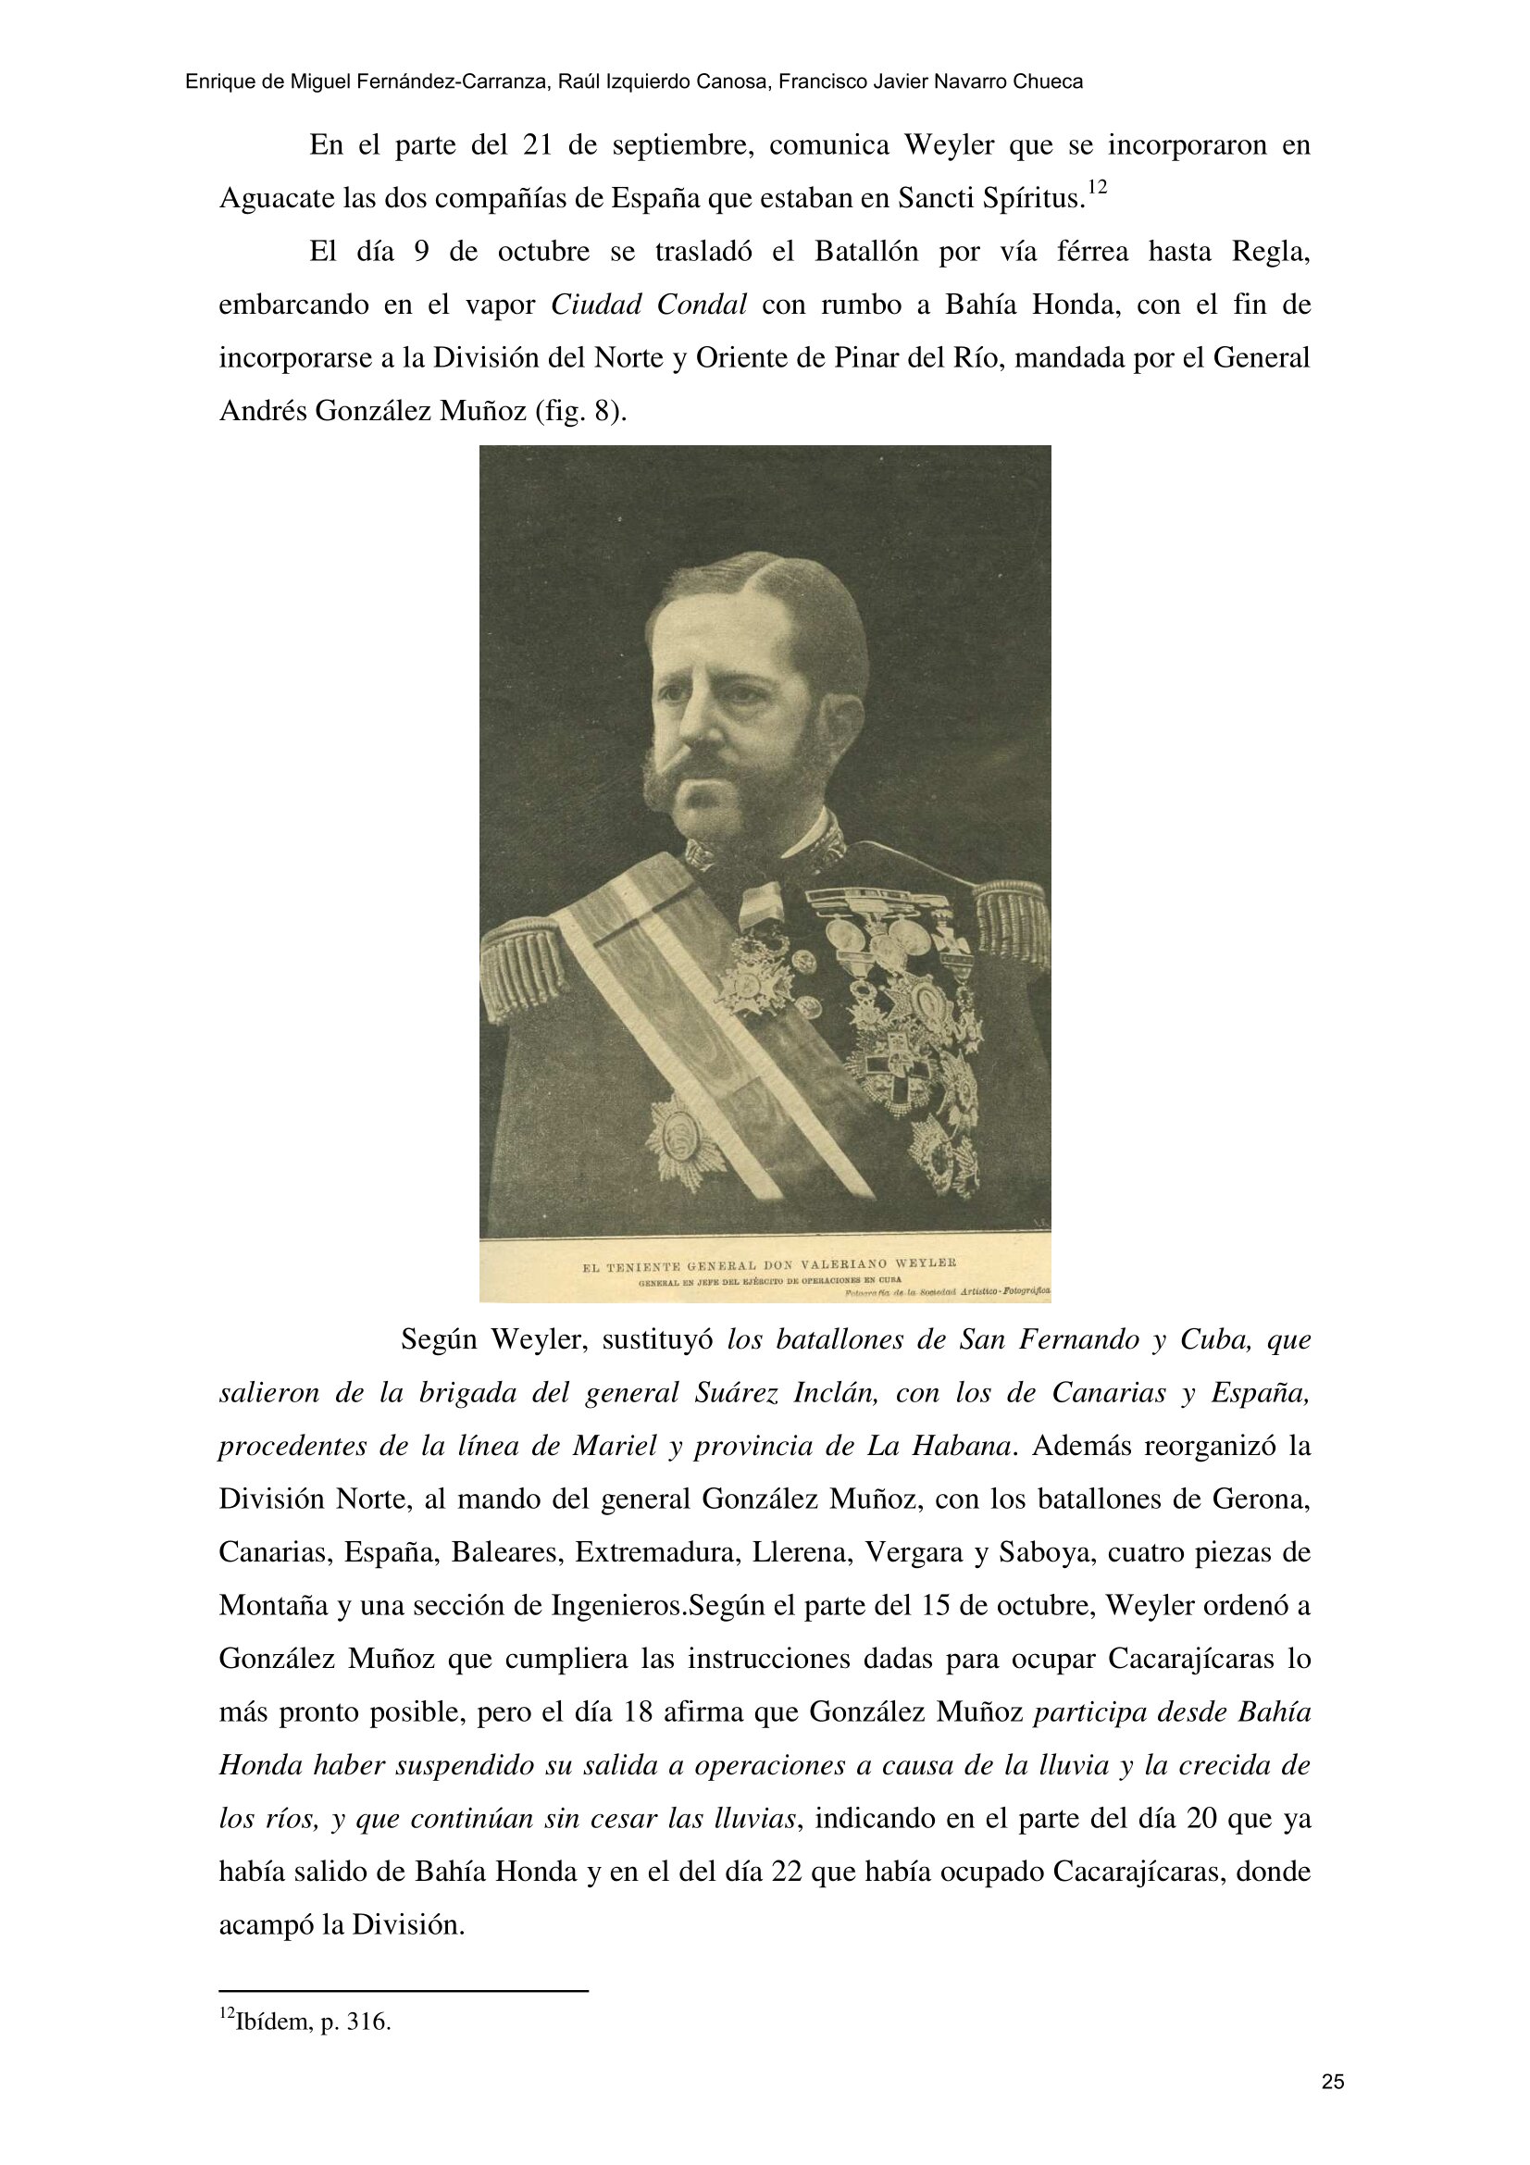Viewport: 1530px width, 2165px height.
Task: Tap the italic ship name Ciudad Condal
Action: pyautogui.click(x=649, y=305)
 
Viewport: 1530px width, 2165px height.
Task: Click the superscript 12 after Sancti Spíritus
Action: pyautogui.click(x=1096, y=190)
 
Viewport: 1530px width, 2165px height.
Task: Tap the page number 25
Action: pyautogui.click(x=1332, y=2082)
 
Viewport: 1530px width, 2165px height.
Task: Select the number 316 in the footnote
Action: pyautogui.click(x=368, y=2021)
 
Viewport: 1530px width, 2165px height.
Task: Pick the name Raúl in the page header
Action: pyautogui.click(x=575, y=82)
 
